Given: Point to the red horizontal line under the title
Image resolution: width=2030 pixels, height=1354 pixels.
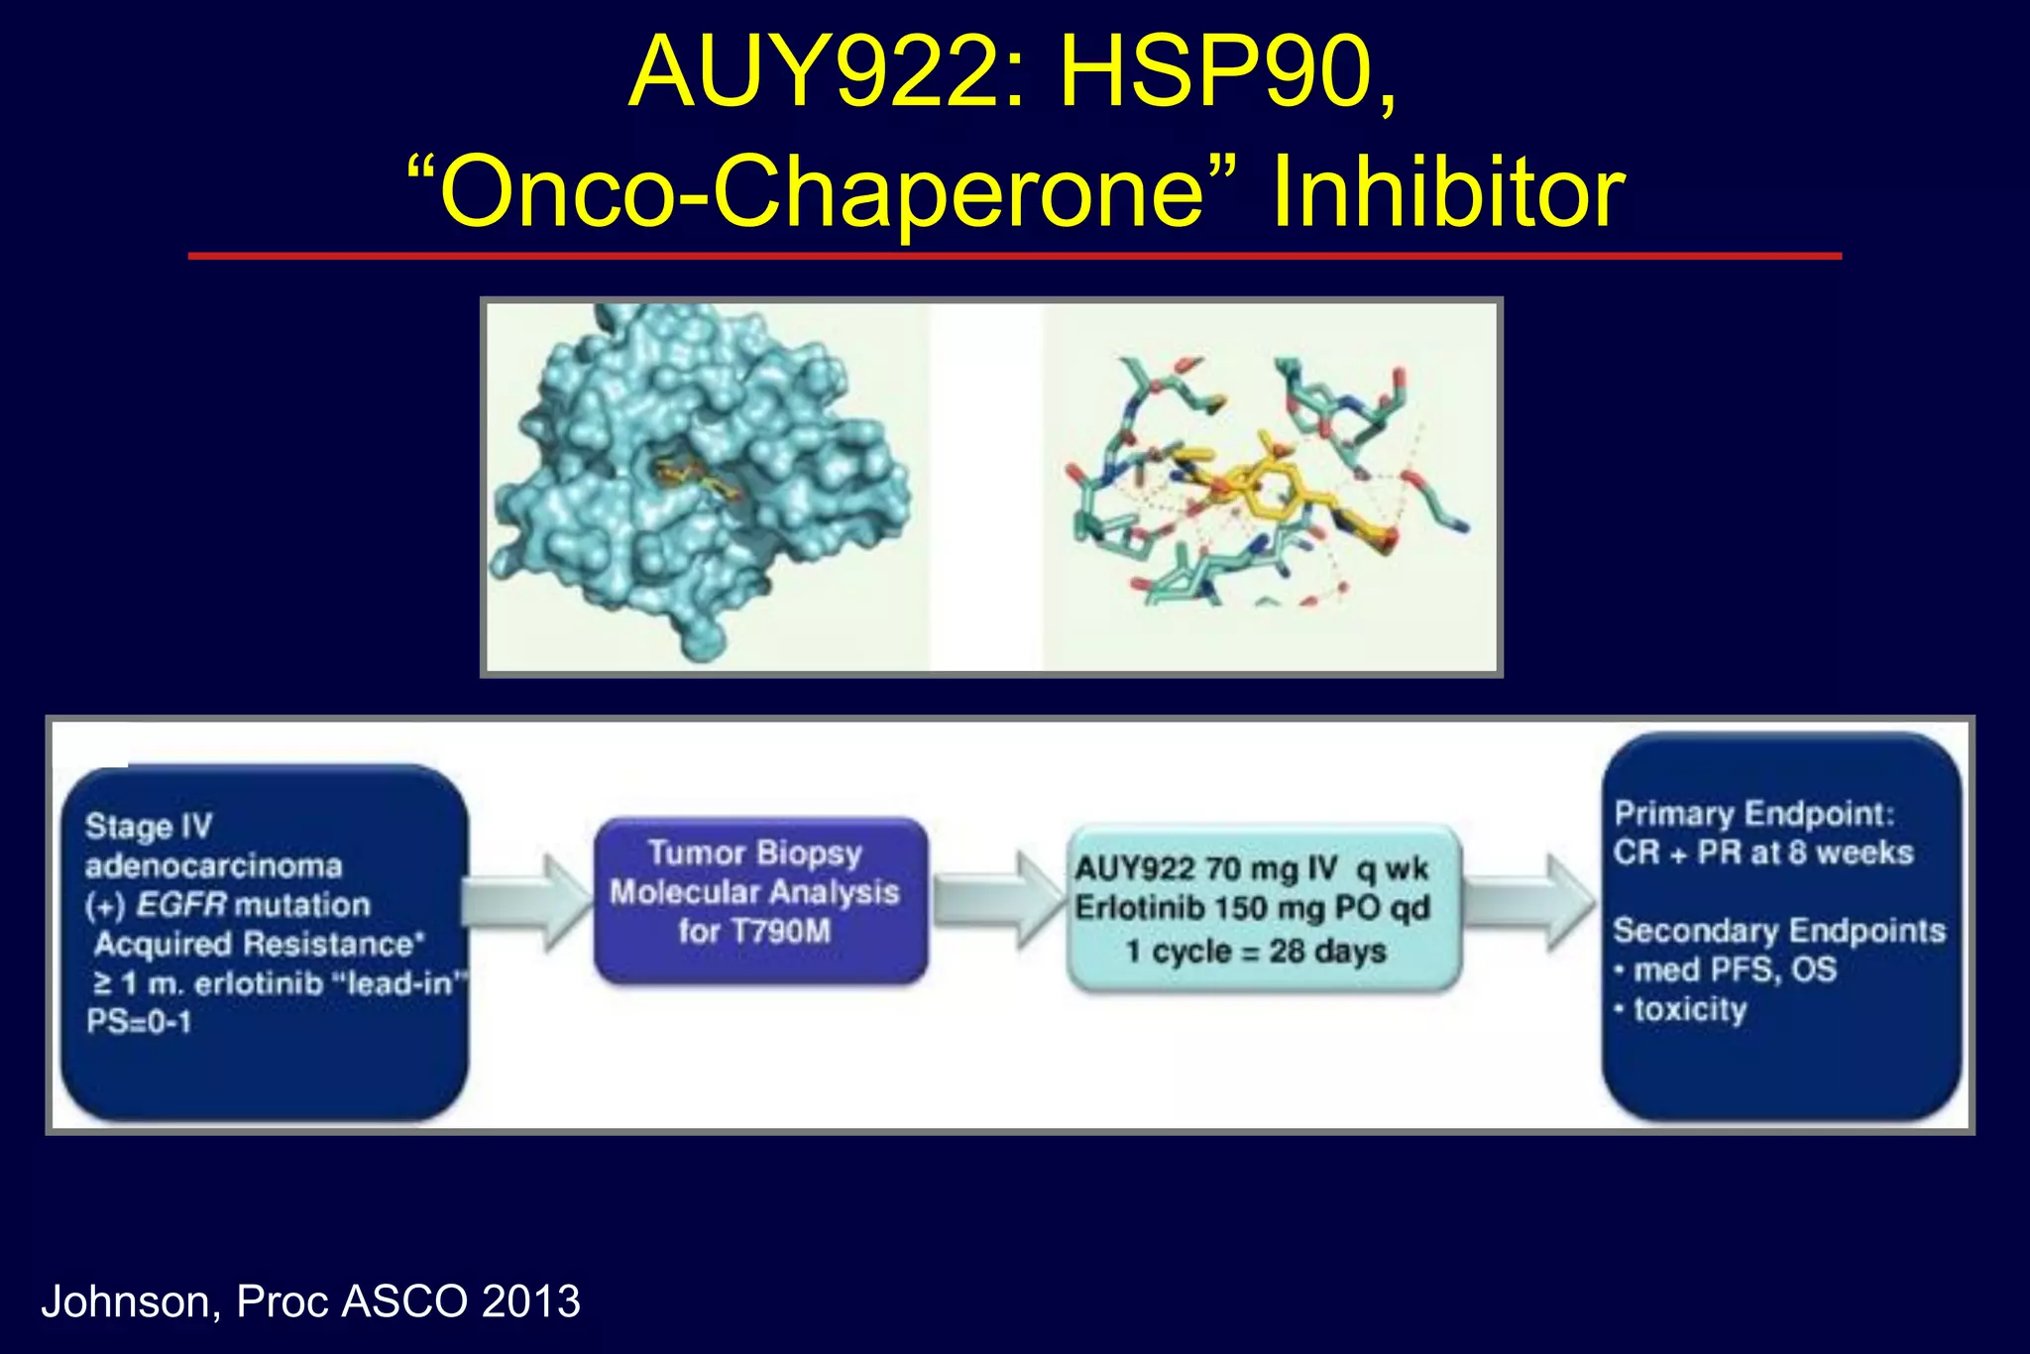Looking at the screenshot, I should (1014, 256).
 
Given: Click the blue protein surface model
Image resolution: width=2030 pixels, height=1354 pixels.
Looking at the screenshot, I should (694, 476).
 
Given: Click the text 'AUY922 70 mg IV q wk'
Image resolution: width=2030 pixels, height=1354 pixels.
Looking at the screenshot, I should (1251, 869).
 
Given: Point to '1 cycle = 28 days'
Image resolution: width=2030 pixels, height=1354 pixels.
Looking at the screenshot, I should (1255, 952).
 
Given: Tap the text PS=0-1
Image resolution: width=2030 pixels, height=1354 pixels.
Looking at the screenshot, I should (139, 1022).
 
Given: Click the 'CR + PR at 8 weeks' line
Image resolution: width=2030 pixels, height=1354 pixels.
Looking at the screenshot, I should (1762, 852).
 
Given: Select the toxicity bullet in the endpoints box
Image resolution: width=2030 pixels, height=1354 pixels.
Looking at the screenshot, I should (1688, 1010).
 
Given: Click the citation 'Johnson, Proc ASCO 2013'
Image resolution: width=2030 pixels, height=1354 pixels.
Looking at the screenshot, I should (310, 1301).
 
